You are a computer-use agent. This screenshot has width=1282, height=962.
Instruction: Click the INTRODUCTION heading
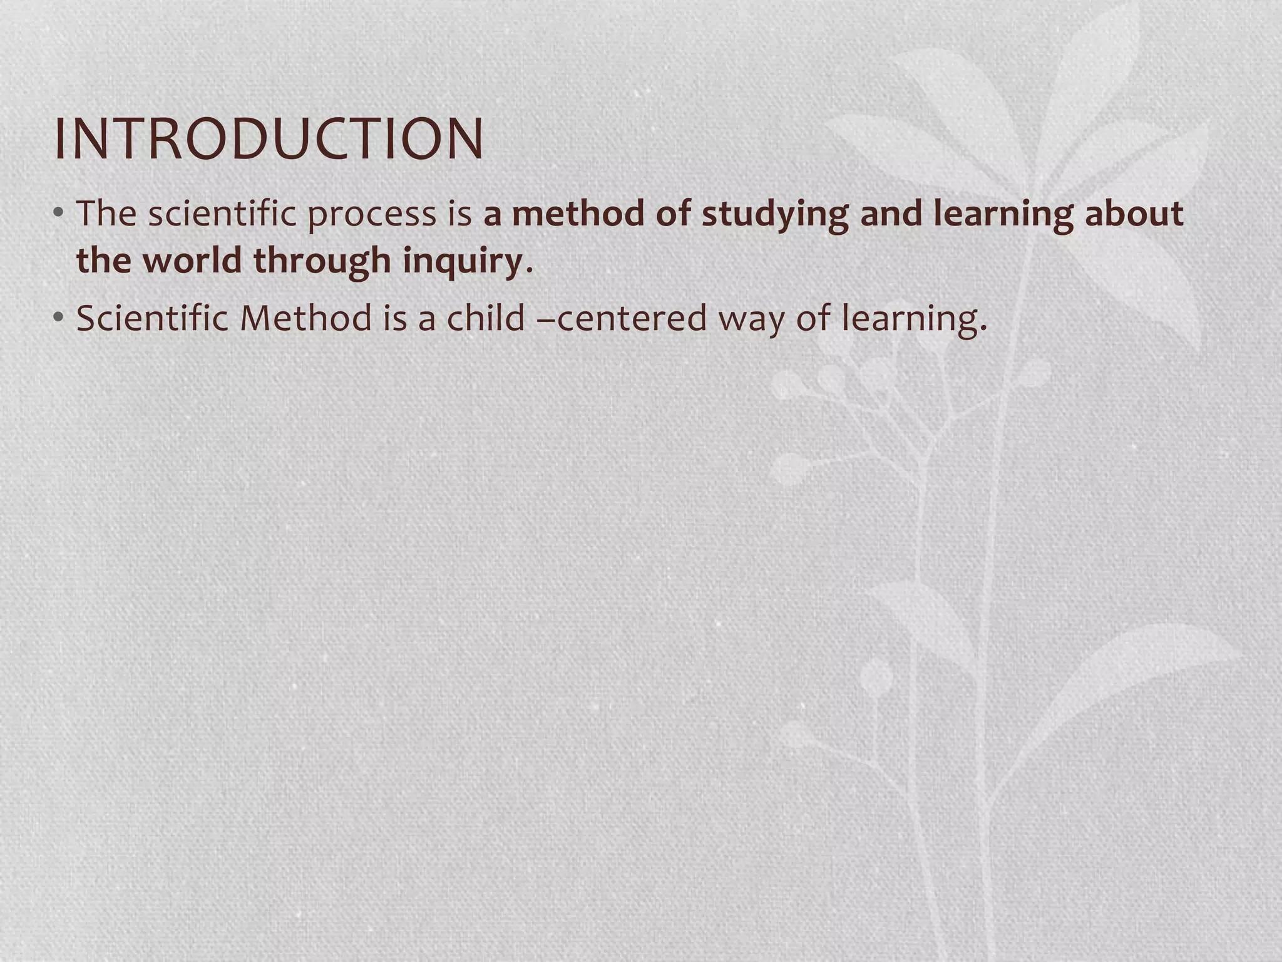(269, 138)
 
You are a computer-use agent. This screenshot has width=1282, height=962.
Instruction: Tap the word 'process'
(371, 215)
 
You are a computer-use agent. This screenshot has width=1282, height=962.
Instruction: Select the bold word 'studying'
(774, 215)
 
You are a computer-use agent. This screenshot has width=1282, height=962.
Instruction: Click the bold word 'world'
(192, 260)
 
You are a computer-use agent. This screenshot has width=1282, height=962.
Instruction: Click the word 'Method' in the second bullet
(305, 318)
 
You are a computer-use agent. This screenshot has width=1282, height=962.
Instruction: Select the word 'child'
(485, 318)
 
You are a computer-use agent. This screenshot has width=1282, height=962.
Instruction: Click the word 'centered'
(631, 318)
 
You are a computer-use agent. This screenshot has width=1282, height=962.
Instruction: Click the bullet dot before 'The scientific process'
(59, 214)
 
